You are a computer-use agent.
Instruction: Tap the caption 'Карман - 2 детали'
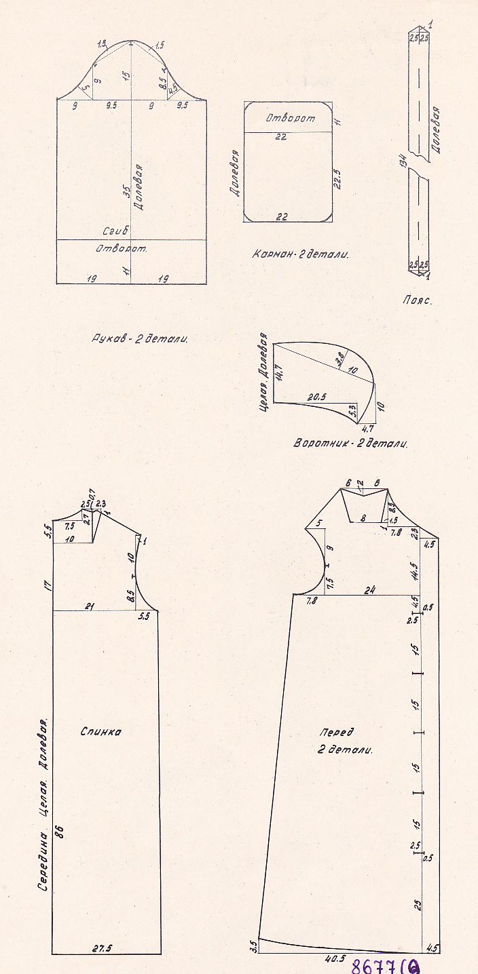[x=299, y=255]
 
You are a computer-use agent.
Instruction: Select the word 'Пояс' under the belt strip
[x=416, y=298]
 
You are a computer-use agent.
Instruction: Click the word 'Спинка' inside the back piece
[x=100, y=732]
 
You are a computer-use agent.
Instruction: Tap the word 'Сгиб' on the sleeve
[x=115, y=231]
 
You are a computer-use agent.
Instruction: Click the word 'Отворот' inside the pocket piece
[x=290, y=118]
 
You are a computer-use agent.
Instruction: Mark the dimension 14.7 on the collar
[x=278, y=372]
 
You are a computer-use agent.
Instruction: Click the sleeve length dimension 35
[x=126, y=191]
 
